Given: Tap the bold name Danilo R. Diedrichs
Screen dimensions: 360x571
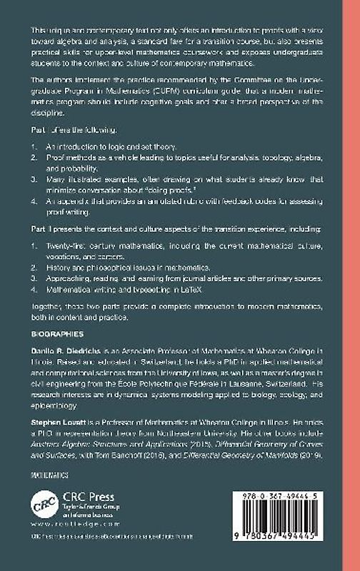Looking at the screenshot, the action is click(x=64, y=350).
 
